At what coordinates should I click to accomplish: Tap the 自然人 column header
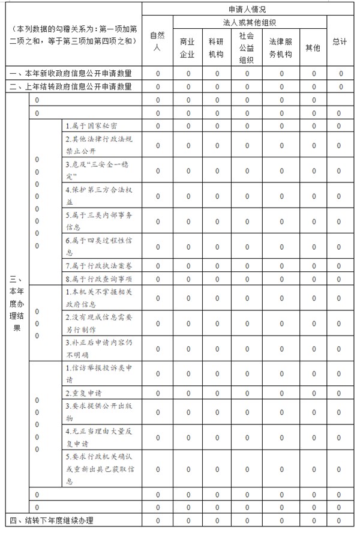(x=157, y=41)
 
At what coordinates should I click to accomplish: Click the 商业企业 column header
(x=188, y=47)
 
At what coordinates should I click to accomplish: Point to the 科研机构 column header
(x=217, y=47)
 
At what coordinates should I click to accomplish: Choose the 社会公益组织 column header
(x=247, y=47)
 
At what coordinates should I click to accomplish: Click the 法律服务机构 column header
(x=281, y=47)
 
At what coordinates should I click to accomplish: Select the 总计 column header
(x=340, y=41)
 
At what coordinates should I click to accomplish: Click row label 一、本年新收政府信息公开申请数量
(x=71, y=73)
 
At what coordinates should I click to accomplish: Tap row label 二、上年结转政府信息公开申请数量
(x=71, y=86)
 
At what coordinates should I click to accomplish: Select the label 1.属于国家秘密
(x=91, y=126)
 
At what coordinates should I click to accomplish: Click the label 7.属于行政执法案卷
(x=99, y=266)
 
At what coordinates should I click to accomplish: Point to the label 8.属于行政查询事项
(x=99, y=279)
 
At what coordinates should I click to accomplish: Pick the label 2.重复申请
(x=83, y=393)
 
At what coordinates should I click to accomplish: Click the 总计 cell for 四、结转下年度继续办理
(x=340, y=520)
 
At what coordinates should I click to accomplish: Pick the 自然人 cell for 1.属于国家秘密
(x=157, y=126)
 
